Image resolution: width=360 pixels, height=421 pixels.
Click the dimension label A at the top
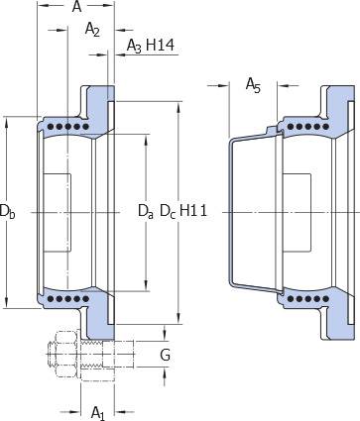[76, 7]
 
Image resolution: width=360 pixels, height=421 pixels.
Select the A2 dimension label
[92, 29]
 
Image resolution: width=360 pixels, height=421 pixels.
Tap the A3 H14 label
[151, 46]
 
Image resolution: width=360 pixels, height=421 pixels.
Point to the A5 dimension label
[253, 85]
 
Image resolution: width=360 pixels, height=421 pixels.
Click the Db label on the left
[7, 211]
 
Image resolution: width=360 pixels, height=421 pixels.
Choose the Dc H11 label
[183, 211]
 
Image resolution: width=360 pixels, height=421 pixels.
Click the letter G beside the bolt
[165, 356]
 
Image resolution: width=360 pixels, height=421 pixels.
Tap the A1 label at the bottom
[98, 412]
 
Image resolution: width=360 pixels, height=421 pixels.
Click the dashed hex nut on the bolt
[63, 355]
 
